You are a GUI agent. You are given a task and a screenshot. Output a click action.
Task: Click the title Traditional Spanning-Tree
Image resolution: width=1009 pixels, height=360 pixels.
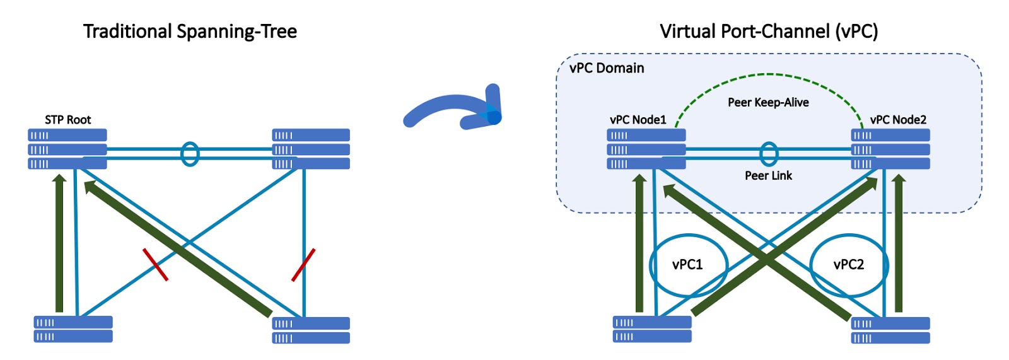coord(190,32)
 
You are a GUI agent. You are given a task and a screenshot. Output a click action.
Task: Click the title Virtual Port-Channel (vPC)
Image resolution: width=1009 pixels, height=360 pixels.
coord(768,32)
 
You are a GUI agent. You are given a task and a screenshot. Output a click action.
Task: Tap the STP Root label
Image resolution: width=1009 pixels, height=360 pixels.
coord(67,120)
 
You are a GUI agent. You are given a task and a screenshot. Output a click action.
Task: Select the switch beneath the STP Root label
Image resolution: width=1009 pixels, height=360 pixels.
coord(67,149)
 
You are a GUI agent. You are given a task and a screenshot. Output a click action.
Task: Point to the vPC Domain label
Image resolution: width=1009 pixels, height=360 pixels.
coord(607,68)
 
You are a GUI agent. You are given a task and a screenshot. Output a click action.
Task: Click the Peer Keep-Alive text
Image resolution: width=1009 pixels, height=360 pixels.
coord(768,102)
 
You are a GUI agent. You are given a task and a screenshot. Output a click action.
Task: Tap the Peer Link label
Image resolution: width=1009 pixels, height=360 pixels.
coord(768,175)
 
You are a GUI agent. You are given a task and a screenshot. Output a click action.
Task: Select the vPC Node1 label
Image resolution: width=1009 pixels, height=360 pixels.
coord(638,120)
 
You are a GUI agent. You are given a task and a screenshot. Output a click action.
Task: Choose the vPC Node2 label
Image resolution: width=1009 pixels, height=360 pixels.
coord(898,120)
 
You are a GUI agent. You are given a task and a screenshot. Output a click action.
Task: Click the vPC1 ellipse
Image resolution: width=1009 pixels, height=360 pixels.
coord(688,265)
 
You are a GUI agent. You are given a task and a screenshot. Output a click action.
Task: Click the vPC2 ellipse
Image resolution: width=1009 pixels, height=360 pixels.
coord(849,265)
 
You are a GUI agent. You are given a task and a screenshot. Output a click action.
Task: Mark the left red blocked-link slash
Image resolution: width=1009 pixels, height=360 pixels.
coord(155,264)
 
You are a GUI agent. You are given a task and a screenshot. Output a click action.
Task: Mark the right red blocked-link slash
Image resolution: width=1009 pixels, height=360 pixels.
coord(303,265)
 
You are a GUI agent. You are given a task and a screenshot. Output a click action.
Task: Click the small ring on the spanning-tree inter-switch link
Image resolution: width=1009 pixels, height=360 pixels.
coord(190,154)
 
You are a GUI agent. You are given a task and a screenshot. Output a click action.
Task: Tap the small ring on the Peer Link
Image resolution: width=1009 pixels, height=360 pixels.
coord(768,154)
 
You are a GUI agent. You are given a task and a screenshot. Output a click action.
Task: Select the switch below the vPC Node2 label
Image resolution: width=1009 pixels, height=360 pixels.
coord(890,149)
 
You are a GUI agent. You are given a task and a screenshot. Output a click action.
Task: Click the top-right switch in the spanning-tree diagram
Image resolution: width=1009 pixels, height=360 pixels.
coord(311,149)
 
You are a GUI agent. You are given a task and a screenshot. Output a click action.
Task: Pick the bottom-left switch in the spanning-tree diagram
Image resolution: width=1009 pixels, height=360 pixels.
coord(73,329)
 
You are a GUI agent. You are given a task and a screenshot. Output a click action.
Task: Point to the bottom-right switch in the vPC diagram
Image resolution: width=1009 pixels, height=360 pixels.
coord(890,330)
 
